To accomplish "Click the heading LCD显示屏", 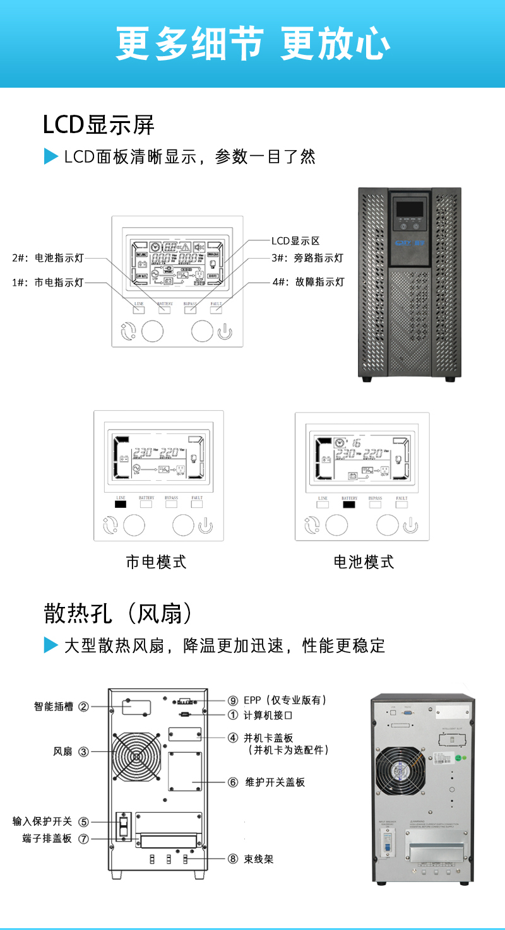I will pos(98,125).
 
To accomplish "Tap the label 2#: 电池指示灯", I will pos(48,257).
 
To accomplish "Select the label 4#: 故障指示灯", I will pos(309,281).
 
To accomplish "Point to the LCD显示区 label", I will pos(295,240).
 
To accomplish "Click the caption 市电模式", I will pos(156,562).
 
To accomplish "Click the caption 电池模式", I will pos(364,562).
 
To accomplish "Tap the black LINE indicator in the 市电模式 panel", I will pos(121,504).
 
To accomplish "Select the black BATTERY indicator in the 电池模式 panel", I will pos(349,504).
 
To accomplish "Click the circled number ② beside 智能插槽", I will pos(83,707).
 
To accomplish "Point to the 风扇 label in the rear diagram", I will pos(62,751).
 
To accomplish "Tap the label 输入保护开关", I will pos(42,821).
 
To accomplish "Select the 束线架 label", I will pos(259,859).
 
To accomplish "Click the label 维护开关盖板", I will pos(275,782).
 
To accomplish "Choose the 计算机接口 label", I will pos(268,715).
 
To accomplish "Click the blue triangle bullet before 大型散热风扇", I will pos(50,645).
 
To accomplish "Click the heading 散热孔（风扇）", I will pos(117,613).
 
